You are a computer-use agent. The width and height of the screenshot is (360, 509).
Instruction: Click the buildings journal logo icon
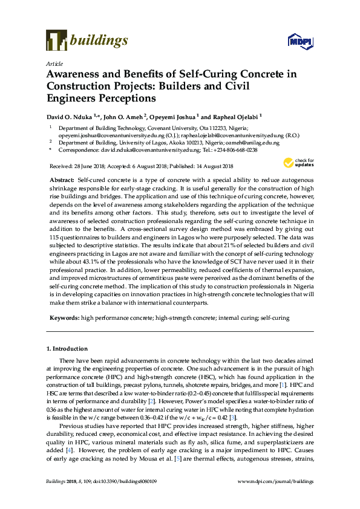click(56, 40)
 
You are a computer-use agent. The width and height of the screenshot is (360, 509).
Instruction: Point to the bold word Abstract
click(61, 181)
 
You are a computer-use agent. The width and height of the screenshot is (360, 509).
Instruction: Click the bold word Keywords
click(63, 317)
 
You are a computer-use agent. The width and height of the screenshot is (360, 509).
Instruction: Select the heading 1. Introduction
click(67, 349)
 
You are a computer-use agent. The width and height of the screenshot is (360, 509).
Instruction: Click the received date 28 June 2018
click(89, 166)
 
